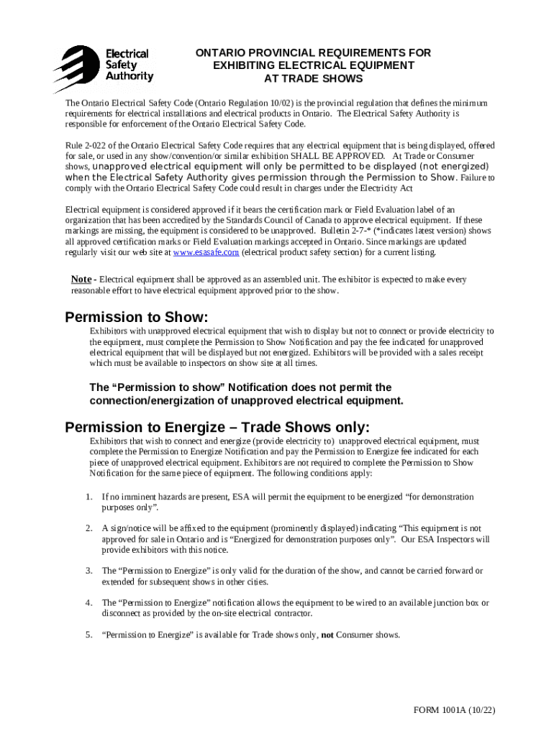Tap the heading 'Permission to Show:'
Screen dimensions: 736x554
click(137, 317)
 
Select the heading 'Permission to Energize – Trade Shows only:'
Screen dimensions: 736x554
click(217, 428)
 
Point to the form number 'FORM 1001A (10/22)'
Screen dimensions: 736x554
click(454, 710)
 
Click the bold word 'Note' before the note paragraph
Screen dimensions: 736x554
click(81, 279)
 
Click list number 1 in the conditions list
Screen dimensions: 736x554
click(88, 497)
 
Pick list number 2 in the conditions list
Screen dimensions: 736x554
click(88, 528)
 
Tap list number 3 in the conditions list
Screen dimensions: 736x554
click(88, 571)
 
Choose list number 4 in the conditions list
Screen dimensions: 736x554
click(88, 602)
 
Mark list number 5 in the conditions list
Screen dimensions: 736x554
click(88, 635)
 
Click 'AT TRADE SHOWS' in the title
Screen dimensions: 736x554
click(313, 78)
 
